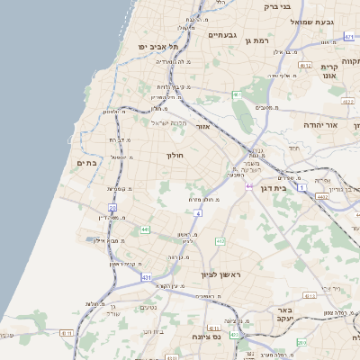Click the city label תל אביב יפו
(x=158, y=47)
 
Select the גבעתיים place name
(x=221, y=35)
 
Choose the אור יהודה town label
(x=319, y=125)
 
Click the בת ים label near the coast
(x=87, y=163)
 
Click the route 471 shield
(x=349, y=37)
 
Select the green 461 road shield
(x=237, y=94)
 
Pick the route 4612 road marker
(x=305, y=66)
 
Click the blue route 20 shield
(x=113, y=208)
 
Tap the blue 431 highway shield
(x=147, y=278)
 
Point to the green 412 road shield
(x=220, y=241)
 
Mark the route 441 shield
(x=144, y=230)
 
